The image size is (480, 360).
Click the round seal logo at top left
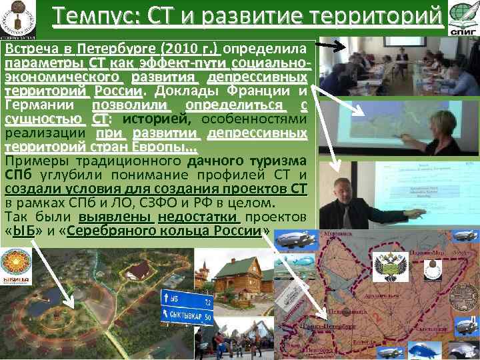click(x=18, y=18)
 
